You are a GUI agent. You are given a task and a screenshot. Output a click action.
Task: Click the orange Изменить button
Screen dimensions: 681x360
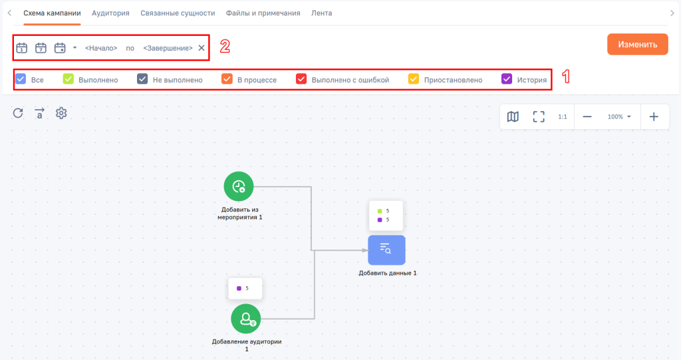click(637, 45)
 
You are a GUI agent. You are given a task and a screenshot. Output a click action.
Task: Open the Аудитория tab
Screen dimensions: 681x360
click(110, 13)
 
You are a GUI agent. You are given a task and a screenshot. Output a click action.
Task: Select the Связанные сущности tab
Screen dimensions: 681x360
click(178, 13)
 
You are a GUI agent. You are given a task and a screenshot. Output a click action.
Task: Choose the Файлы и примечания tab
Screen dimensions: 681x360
click(263, 13)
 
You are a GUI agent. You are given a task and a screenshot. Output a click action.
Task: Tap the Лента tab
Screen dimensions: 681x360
click(321, 13)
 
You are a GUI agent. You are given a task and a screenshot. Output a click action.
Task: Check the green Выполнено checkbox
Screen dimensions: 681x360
click(68, 79)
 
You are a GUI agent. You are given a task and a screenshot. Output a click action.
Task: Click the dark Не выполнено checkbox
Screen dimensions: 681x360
click(142, 79)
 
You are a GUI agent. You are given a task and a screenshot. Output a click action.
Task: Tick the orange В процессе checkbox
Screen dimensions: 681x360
click(227, 79)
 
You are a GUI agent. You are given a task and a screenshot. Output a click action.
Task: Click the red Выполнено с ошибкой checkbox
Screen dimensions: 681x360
click(301, 79)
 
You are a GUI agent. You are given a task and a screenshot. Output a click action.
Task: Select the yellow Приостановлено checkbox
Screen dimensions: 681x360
click(414, 79)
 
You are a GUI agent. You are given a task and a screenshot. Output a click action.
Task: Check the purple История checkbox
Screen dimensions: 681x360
click(507, 79)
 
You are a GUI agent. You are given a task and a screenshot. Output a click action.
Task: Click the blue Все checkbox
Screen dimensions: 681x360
click(21, 79)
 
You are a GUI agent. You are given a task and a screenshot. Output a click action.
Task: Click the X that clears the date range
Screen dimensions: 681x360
click(202, 48)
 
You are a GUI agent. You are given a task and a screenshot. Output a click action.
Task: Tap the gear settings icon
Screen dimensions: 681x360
click(61, 113)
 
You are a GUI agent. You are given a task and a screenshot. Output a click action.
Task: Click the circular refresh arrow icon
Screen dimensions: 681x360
click(18, 113)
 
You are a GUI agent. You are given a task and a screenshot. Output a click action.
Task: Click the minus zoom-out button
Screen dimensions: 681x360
click(587, 116)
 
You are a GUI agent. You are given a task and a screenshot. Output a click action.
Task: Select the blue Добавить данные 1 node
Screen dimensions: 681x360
click(386, 250)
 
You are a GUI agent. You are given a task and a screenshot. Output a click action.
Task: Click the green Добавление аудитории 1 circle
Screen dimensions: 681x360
click(246, 319)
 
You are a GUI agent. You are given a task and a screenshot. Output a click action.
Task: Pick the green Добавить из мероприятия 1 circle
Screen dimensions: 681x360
click(239, 186)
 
